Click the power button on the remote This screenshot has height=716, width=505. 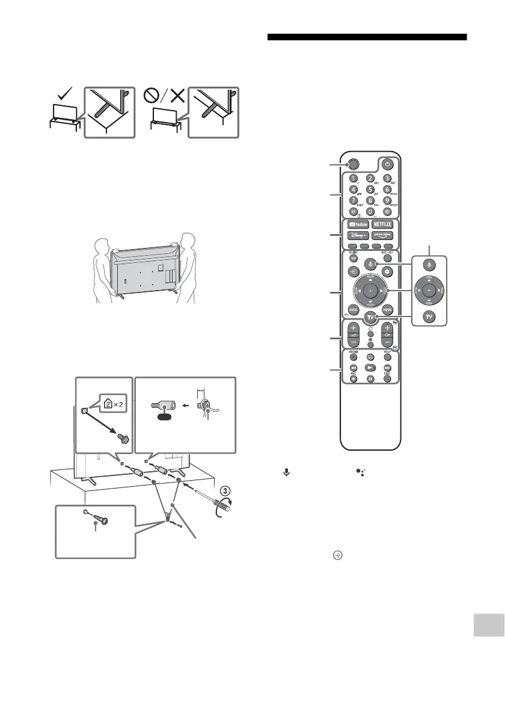(388, 164)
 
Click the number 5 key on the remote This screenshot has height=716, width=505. (370, 190)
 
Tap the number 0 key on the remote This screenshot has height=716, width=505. (370, 212)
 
